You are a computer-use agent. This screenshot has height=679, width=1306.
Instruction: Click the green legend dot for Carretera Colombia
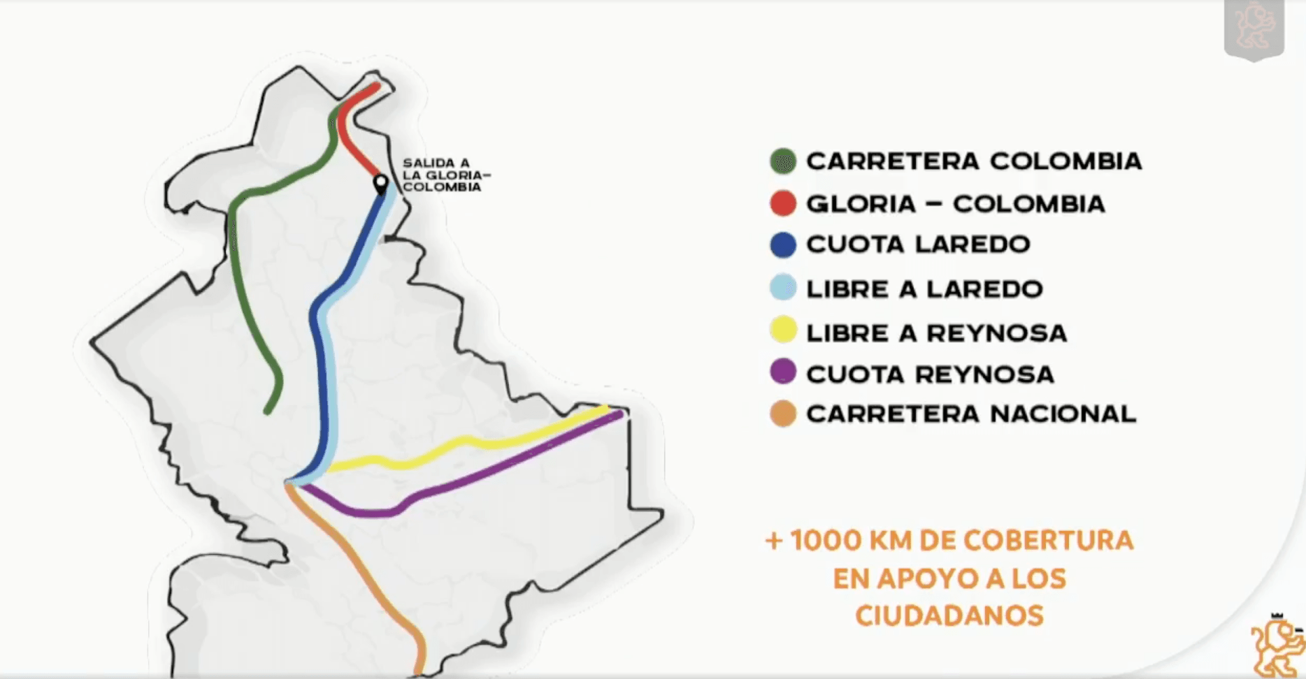[x=783, y=161]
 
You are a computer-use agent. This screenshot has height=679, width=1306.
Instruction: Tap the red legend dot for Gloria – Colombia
[x=783, y=204]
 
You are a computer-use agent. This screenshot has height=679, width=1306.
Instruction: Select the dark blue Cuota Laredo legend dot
[x=783, y=245]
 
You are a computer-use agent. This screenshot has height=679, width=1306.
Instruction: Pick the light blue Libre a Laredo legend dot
[x=783, y=288]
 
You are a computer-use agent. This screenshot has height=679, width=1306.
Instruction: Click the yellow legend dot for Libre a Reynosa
[x=783, y=330]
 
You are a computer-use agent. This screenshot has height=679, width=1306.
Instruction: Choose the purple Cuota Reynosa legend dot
[x=783, y=372]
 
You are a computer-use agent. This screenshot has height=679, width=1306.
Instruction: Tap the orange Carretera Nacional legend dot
[x=783, y=414]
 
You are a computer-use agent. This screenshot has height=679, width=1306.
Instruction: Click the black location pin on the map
[x=381, y=184]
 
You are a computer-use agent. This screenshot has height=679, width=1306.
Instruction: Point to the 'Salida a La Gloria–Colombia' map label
[x=442, y=175]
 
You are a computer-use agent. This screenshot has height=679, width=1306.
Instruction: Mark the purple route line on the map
[x=489, y=475]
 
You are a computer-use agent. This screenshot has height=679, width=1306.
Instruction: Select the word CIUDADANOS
[x=949, y=616]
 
